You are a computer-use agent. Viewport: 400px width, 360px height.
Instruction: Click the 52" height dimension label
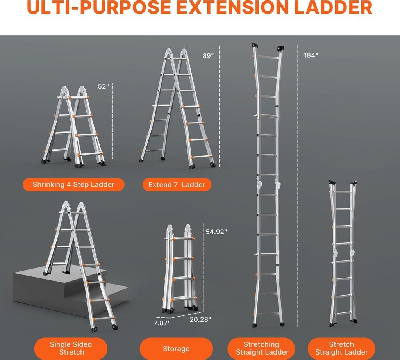[103, 86]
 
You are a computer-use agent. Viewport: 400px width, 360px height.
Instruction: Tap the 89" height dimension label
[208, 56]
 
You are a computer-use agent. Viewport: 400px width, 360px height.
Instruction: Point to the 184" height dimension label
[311, 55]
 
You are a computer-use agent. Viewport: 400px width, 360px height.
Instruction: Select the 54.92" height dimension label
[216, 232]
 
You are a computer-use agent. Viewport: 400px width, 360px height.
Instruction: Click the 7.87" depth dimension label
[162, 323]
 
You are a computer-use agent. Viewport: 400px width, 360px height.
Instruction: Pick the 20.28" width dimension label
[200, 319]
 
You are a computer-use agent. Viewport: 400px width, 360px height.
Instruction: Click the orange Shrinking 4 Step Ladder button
[74, 185]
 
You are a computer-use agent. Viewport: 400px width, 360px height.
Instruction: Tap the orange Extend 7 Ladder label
[177, 185]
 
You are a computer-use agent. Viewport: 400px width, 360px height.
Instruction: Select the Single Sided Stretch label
[71, 349]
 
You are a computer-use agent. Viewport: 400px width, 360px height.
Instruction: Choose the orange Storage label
[176, 349]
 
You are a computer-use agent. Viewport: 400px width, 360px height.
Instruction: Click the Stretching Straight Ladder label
[261, 349]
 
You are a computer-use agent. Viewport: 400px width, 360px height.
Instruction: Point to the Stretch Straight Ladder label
[341, 349]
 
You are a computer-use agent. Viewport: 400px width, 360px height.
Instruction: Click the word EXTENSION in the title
[232, 7]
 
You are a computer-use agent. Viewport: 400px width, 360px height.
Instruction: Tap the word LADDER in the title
[333, 7]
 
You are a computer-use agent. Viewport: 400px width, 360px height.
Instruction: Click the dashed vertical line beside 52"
[112, 121]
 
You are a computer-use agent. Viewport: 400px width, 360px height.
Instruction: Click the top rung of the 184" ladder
[268, 57]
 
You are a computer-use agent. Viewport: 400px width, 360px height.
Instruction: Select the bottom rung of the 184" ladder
[268, 314]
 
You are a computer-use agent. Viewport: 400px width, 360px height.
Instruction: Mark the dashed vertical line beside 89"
[219, 106]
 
